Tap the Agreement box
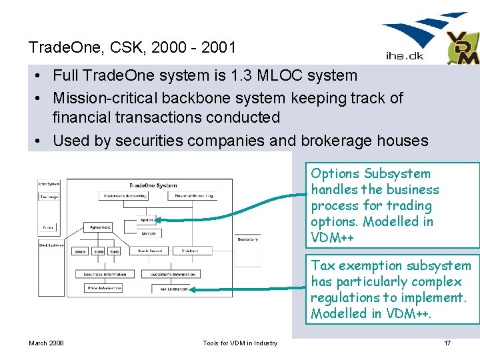pos(101,227)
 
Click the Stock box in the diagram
pos(81,251)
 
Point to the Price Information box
pos(103,289)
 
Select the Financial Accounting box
pos(195,196)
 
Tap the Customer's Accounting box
pos(124,196)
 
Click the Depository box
pos(247,239)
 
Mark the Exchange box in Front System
pos(49,197)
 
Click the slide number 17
pos(447,343)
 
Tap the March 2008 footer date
pos(46,343)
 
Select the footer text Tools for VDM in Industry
pos(240,343)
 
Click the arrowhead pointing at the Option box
pos(159,219)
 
